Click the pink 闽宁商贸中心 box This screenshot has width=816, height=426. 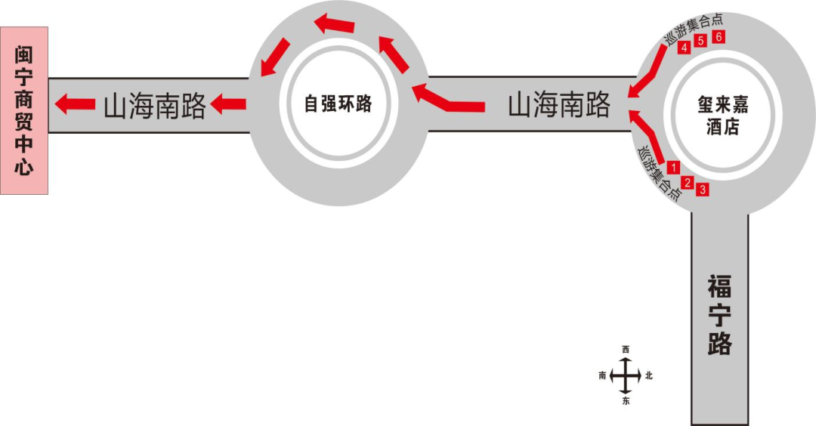[24, 110]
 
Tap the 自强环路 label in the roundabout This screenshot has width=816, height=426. [338, 103]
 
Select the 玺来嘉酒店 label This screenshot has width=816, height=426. [722, 116]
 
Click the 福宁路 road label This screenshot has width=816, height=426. [720, 315]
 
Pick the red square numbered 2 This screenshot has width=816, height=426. [688, 182]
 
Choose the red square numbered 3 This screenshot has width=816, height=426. [703, 190]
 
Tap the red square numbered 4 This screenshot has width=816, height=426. [684, 48]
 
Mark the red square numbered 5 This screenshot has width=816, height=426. [701, 41]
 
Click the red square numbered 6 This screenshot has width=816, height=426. [719, 37]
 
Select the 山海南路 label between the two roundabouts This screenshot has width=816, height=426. [558, 105]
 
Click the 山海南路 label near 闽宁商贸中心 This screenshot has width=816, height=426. [154, 106]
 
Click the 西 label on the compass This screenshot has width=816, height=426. [625, 349]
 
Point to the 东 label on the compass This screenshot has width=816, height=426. [625, 401]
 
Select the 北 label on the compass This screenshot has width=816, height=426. [648, 375]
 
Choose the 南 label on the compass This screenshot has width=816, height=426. [602, 375]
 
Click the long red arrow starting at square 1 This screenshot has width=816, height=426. [650, 136]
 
